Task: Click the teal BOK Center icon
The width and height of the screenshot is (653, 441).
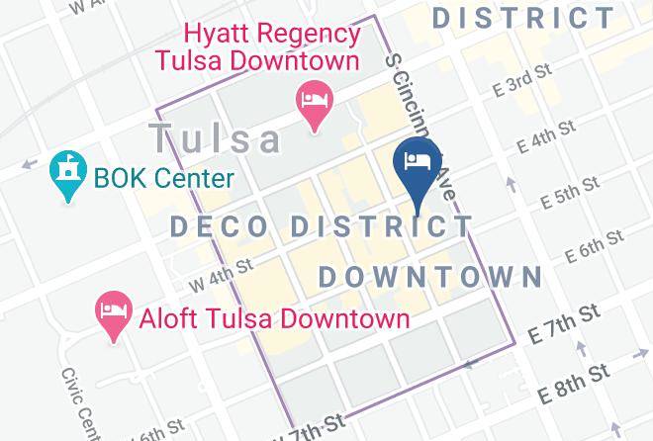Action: point(67,175)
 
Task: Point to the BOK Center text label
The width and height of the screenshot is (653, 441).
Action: point(163,179)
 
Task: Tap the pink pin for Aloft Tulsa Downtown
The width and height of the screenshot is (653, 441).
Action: point(111,313)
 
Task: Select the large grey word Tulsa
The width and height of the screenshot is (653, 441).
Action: point(215,135)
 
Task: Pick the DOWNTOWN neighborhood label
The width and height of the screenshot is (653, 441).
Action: point(431,276)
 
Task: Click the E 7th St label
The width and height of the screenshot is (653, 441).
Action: point(565,324)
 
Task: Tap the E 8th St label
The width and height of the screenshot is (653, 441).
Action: point(573,385)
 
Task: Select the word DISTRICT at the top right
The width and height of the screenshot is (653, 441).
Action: point(524,17)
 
